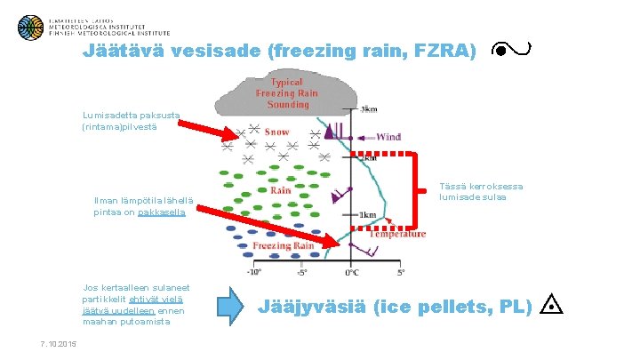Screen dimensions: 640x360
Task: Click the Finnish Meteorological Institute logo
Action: point(31,27)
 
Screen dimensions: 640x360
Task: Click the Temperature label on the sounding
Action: point(397,234)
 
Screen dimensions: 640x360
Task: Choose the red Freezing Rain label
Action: point(284,245)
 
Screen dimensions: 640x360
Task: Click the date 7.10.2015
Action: point(59,344)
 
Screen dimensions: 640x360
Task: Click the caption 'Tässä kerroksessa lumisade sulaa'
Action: point(482,191)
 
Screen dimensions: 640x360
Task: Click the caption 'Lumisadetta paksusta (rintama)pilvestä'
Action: point(131,121)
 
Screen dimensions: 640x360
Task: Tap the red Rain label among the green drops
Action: point(280,189)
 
